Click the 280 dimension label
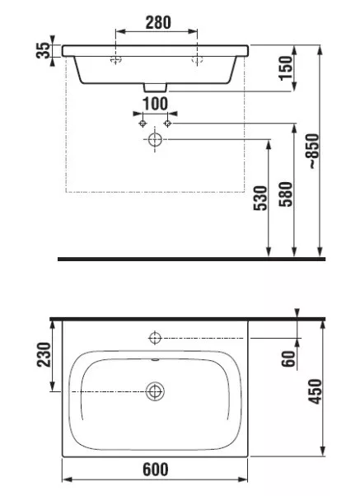click(158, 22)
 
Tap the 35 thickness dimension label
click(44, 50)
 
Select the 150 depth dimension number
click(286, 68)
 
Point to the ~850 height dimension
click(314, 151)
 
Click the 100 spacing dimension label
click(155, 104)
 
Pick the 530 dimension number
click(260, 198)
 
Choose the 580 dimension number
click(286, 194)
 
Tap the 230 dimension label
click(44, 354)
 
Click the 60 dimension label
click(288, 358)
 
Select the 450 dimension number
click(315, 391)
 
